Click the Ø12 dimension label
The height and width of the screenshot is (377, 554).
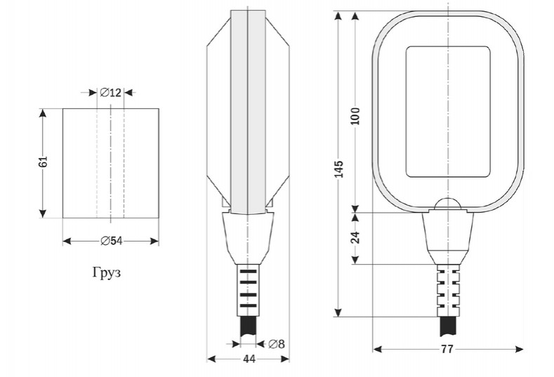(110, 93)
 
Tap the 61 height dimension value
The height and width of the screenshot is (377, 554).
(43, 161)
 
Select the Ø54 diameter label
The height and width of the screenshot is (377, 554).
(112, 241)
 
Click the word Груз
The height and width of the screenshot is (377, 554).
(107, 272)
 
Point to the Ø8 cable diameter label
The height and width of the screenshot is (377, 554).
(276, 344)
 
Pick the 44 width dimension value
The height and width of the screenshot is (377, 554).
(249, 359)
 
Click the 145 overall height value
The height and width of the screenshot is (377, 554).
(339, 169)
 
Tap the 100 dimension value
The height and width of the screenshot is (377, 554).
(355, 117)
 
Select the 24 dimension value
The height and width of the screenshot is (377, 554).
(355, 237)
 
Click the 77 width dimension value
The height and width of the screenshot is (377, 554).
(447, 349)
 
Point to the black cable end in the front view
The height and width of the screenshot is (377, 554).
(449, 326)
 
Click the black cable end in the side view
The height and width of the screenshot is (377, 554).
(249, 326)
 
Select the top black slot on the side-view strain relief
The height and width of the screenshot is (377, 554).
(249, 272)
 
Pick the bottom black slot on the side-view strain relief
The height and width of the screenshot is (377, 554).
(249, 305)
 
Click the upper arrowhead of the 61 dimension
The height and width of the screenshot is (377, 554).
(43, 113)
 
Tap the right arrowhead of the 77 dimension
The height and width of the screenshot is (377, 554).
(520, 349)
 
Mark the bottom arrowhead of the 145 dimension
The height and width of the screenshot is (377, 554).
(338, 312)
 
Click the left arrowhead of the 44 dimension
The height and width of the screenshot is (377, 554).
(211, 359)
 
